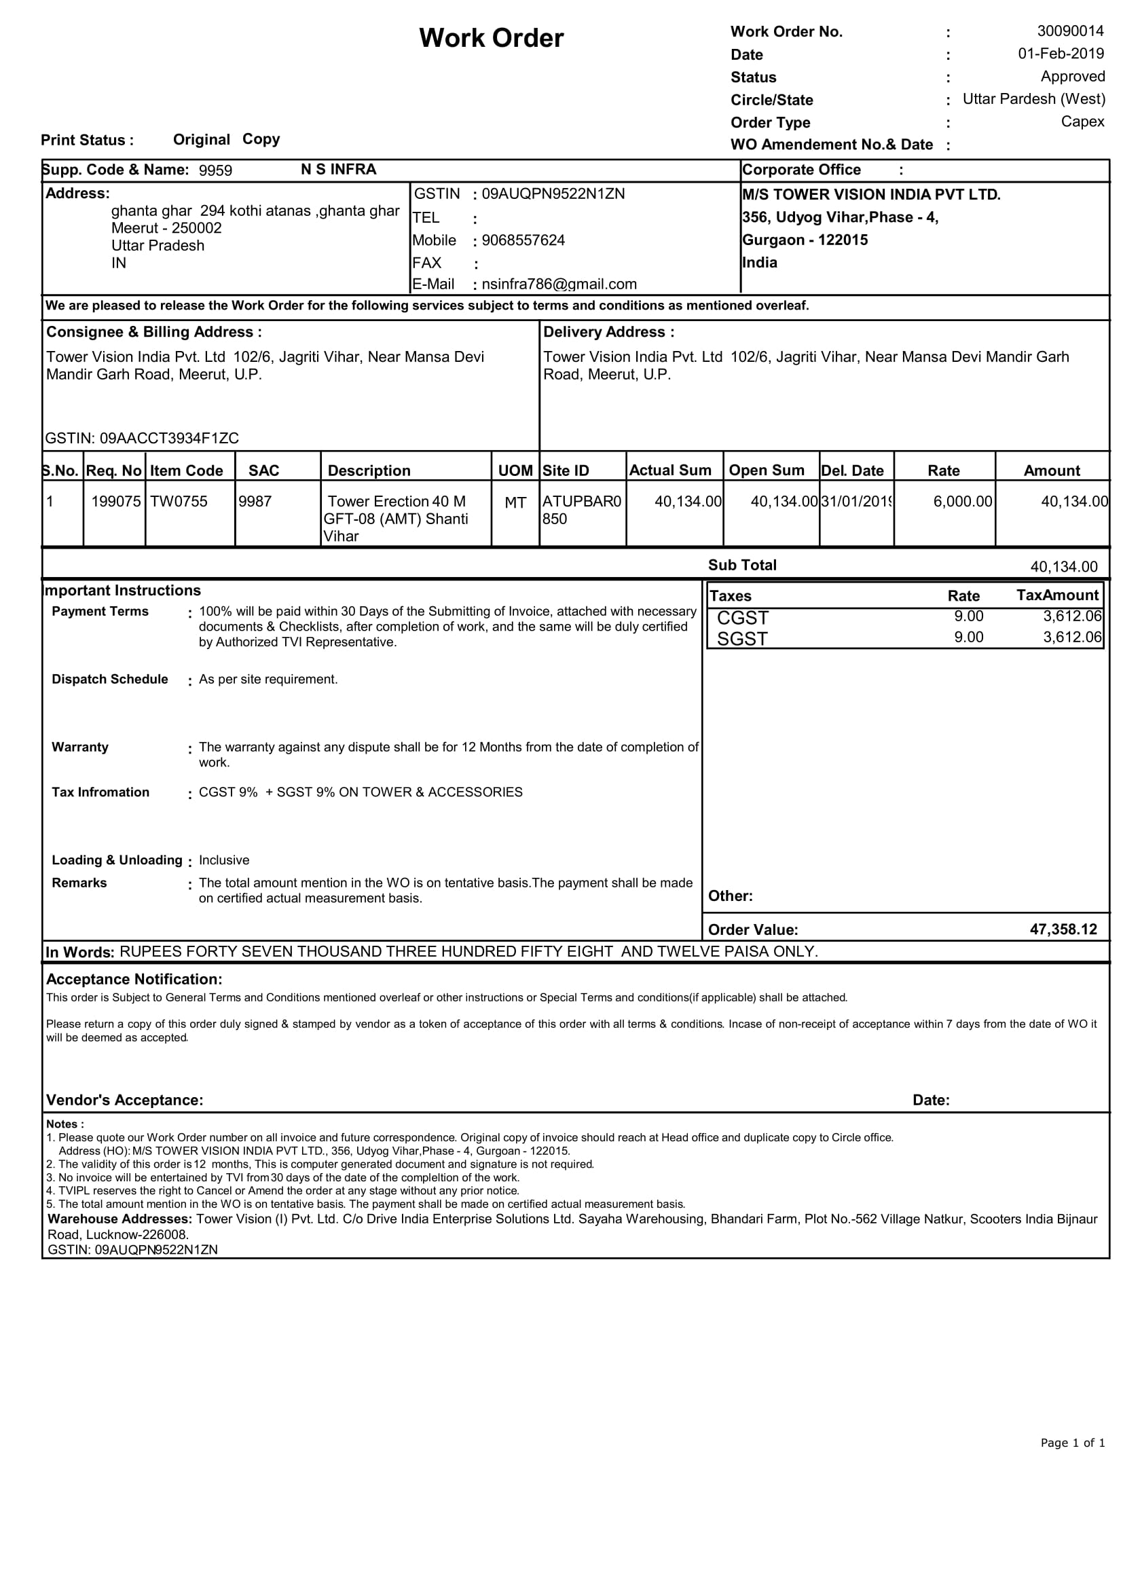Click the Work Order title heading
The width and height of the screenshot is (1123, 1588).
point(491,38)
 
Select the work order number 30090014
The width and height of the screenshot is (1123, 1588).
point(1070,31)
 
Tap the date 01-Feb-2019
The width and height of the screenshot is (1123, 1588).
point(1061,54)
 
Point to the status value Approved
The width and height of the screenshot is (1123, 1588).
point(1073,77)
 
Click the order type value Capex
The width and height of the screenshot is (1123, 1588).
point(1083,122)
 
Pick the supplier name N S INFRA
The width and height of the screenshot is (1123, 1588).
point(338,170)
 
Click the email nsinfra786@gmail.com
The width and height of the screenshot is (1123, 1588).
point(559,284)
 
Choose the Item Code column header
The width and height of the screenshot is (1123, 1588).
point(187,470)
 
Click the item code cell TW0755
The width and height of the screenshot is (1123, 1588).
point(179,502)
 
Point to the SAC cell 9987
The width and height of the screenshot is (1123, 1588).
point(255,502)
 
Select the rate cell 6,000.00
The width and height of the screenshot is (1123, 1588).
point(963,502)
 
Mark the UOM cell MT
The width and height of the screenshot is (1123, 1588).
point(515,503)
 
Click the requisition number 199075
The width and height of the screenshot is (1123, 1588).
point(116,502)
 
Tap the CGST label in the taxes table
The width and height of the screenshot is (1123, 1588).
point(742,618)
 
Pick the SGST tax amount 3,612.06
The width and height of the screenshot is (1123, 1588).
point(1072,637)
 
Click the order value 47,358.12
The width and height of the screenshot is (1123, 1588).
point(1063,929)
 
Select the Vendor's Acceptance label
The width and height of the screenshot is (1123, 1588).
point(124,1100)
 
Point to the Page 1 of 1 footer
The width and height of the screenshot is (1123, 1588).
point(1073,1443)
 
